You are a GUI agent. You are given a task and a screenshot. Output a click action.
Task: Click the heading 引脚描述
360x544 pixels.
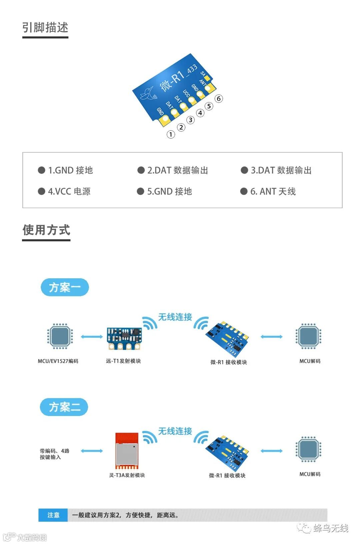click(45, 27)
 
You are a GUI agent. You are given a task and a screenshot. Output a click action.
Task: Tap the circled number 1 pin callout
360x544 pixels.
click(171, 134)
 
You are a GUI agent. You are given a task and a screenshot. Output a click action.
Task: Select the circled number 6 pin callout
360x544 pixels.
click(219, 99)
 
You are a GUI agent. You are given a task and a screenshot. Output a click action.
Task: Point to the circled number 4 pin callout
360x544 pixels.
click(200, 113)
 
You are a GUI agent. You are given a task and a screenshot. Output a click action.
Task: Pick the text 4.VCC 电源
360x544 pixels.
click(69, 191)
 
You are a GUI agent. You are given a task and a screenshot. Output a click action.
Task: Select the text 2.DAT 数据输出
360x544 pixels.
click(177, 170)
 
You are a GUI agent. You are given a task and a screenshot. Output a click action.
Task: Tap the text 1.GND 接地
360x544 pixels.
click(70, 170)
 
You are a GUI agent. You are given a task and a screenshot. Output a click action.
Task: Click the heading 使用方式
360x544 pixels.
click(46, 230)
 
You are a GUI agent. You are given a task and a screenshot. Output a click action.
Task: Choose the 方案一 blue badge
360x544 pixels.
click(65, 287)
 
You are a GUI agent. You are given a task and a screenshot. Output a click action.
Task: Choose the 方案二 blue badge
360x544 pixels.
click(64, 407)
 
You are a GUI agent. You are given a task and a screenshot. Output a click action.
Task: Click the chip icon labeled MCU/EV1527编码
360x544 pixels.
click(60, 336)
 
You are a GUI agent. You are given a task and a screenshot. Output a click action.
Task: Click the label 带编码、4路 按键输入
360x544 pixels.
click(54, 454)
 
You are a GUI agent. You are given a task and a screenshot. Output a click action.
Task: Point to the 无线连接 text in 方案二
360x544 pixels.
click(175, 431)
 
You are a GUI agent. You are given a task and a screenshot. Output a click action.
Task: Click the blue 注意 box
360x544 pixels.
click(53, 515)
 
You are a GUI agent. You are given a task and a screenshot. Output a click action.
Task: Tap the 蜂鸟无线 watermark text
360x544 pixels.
click(331, 528)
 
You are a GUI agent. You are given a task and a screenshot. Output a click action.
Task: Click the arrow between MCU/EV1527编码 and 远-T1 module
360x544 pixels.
click(92, 337)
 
